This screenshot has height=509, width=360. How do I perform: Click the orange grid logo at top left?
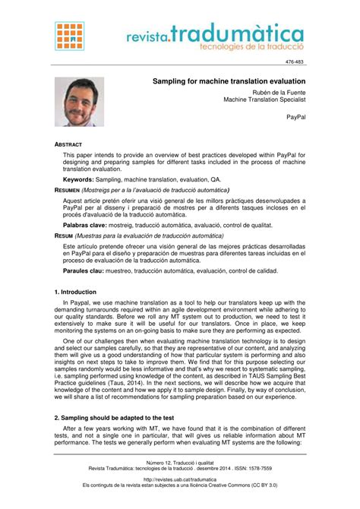pos(70,36)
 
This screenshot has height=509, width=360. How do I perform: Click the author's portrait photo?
pos(79,102)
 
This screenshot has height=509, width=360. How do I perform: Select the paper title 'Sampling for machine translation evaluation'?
pos(229,81)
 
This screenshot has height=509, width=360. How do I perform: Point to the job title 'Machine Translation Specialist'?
pos(264,100)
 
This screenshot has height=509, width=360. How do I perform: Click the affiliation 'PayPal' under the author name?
pos(295,119)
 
